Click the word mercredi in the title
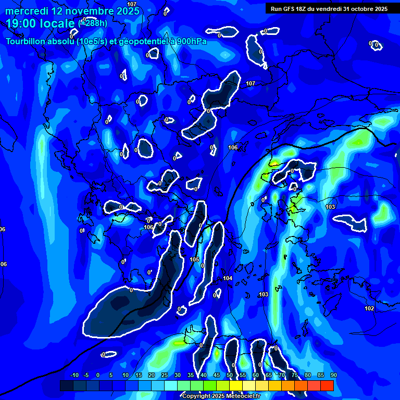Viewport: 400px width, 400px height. pyautogui.click(x=26, y=11)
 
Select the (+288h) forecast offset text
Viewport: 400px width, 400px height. pyautogui.click(x=93, y=23)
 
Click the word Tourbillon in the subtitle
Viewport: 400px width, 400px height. pyautogui.click(x=26, y=41)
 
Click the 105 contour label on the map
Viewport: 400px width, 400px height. pyautogui.click(x=195, y=259)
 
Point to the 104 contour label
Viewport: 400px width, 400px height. pyautogui.click(x=228, y=279)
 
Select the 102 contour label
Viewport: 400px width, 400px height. pyautogui.click(x=369, y=308)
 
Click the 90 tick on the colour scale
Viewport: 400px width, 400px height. pyautogui.click(x=333, y=375)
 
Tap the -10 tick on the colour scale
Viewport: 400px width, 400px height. pyautogui.click(x=74, y=375)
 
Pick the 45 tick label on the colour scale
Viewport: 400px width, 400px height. pyautogui.click(x=216, y=375)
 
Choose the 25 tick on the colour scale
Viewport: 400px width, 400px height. pyautogui.click(x=164, y=375)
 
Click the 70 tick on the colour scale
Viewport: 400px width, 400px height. pyautogui.click(x=281, y=375)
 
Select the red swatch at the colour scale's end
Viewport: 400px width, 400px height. pyautogui.click(x=327, y=385)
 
